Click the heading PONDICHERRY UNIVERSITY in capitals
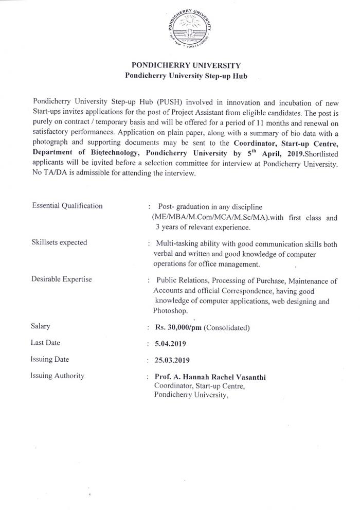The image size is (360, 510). pos(186,66)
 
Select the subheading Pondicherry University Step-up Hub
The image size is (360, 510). pos(186,76)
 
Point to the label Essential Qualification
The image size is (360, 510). pos(67,206)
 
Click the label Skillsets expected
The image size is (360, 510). pos(59,242)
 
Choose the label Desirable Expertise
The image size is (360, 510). pos(62,279)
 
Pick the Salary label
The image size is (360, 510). pos(41,326)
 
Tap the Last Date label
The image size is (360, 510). pos(46,343)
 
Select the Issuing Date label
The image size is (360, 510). pos(50,359)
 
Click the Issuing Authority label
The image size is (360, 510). pos(57,376)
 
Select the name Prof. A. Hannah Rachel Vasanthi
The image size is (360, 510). pos(210,377)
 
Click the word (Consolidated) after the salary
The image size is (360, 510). pos(227,327)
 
